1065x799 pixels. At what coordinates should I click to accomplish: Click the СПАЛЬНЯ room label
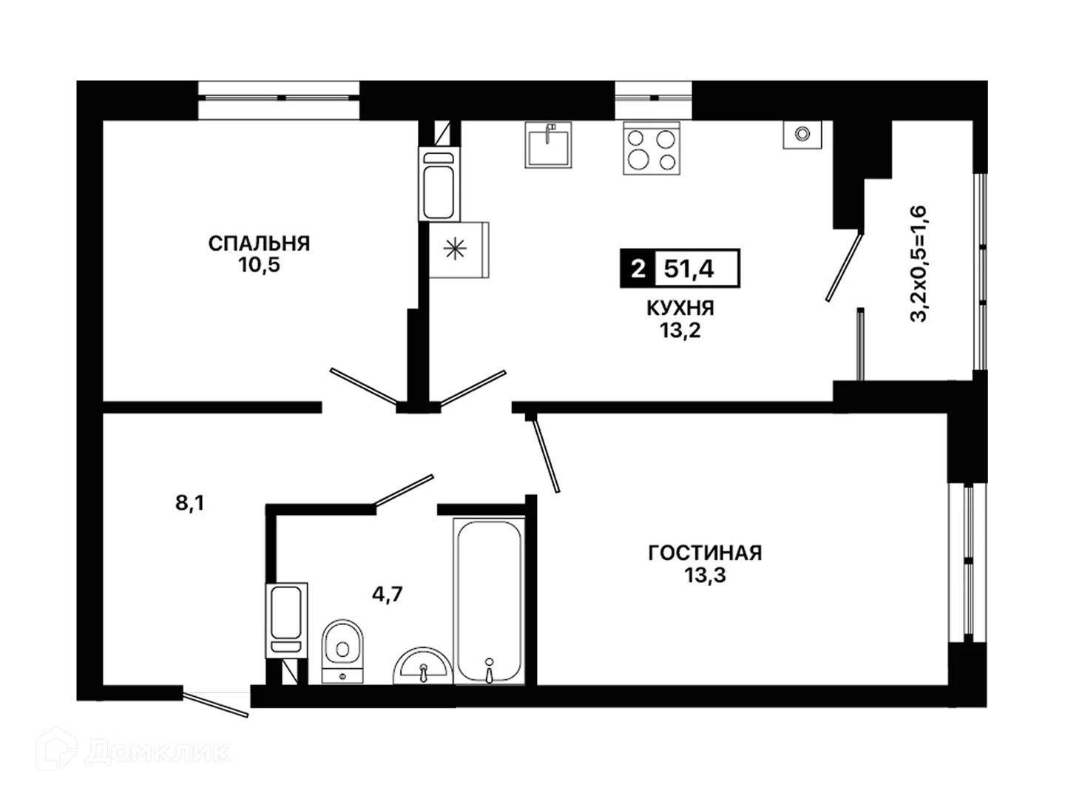[x=259, y=243]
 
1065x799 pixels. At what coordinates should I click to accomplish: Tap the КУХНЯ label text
[x=680, y=308]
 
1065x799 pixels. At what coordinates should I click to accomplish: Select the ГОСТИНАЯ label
[x=705, y=553]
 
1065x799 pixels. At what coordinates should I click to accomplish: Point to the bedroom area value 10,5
[x=259, y=266]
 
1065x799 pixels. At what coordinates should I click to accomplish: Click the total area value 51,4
[x=689, y=269]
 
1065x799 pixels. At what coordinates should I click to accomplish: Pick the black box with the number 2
[x=638, y=269]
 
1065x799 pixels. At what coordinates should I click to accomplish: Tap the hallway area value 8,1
[x=190, y=503]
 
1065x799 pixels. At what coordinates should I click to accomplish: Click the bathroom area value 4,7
[x=388, y=594]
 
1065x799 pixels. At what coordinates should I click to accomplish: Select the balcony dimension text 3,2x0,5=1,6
[x=919, y=264]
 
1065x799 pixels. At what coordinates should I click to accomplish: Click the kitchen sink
[x=548, y=144]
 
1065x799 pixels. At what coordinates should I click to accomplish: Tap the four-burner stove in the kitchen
[x=652, y=148]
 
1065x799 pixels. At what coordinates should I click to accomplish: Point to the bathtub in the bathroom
[x=489, y=602]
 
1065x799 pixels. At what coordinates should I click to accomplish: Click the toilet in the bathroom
[x=342, y=652]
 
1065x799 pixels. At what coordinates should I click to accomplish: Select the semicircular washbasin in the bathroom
[x=422, y=666]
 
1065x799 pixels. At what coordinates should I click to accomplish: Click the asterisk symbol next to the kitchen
[x=455, y=249]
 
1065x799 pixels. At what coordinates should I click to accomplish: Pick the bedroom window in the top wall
[x=279, y=98]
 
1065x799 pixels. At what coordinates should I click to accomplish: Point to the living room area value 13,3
[x=705, y=576]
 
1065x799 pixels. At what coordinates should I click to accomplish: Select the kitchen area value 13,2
[x=680, y=331]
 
